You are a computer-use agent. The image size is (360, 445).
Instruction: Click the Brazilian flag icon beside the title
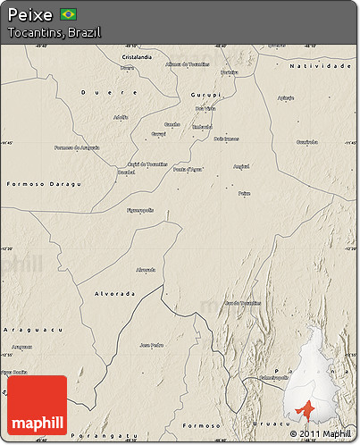click(68, 14)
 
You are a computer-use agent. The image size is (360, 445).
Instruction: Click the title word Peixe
click(29, 14)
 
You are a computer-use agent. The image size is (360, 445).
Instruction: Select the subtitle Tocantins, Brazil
click(54, 32)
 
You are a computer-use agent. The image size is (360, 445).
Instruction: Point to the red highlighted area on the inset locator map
click(306, 409)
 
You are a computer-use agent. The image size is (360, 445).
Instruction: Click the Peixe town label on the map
click(244, 193)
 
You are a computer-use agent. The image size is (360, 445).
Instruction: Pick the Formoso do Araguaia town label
click(77, 147)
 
